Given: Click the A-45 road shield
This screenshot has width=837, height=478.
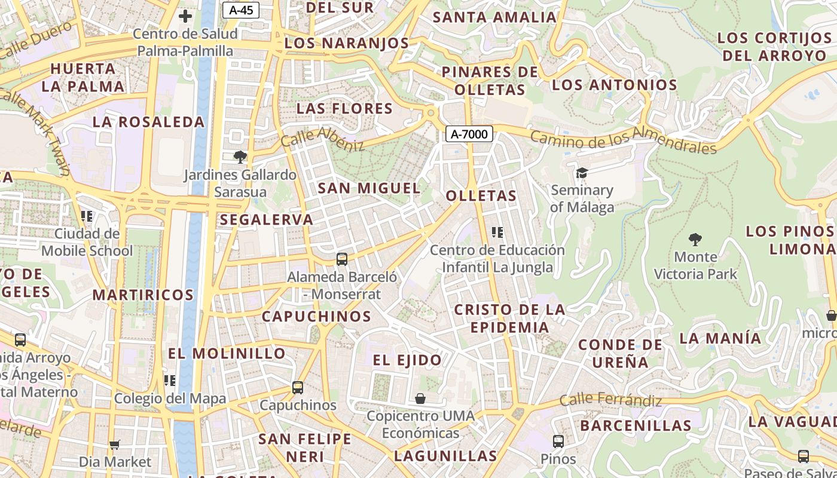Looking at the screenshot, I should point(240,10).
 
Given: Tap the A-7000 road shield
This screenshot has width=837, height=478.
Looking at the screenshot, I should point(469,134).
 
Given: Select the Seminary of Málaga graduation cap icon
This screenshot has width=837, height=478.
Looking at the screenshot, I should point(582,173).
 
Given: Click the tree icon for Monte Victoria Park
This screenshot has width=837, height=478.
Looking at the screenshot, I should point(695,240).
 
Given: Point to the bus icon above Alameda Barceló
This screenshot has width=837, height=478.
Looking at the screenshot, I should point(342,259).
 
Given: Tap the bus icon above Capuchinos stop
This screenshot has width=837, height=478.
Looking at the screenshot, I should point(298,387).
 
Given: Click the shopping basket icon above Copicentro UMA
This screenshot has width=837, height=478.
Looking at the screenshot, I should point(420,399).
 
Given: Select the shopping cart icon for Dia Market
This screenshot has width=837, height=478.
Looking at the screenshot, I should point(115,445).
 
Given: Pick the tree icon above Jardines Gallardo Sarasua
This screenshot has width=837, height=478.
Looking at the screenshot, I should point(240,157).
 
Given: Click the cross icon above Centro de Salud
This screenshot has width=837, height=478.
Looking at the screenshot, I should point(185,16).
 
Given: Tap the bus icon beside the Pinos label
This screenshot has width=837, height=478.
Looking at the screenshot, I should point(558,442).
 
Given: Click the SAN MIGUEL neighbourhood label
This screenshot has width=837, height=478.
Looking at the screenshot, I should point(369,188).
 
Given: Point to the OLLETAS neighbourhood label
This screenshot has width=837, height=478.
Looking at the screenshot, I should point(481,196).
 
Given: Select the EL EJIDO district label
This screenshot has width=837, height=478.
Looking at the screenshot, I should point(407,360).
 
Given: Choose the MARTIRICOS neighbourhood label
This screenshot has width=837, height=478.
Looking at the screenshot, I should point(143,295).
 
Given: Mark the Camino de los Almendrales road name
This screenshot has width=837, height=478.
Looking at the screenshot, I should point(623,140).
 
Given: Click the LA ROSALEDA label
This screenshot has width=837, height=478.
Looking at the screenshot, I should point(148,122).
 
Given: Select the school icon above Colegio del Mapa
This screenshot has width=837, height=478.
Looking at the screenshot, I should point(170,381).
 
